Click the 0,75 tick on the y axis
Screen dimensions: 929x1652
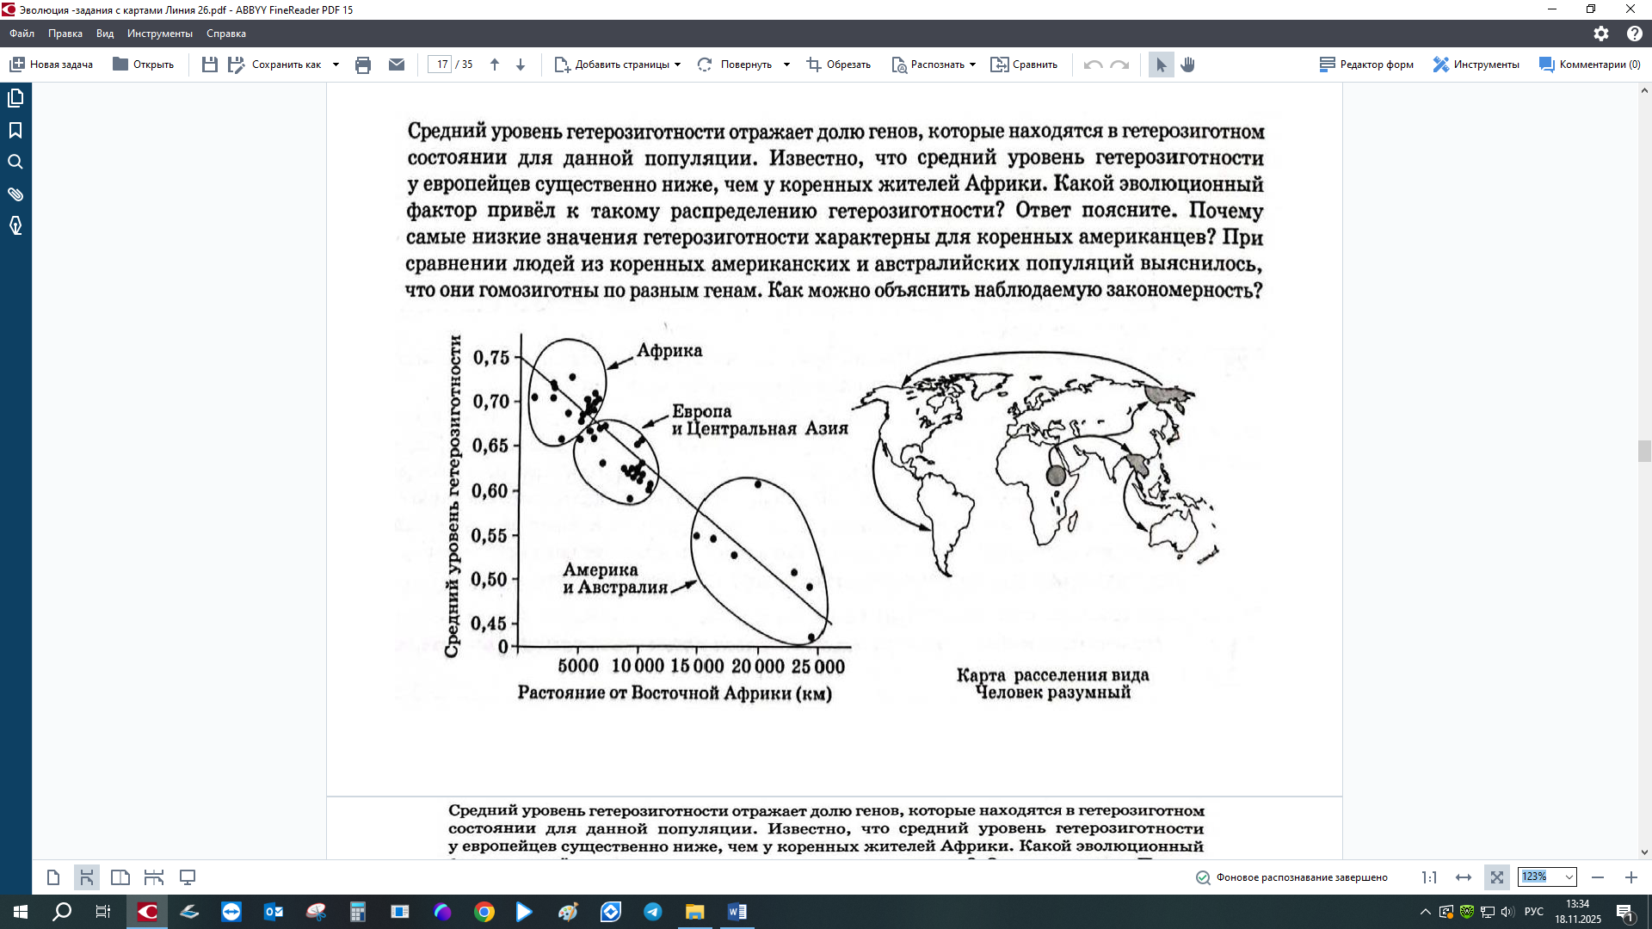click(491, 357)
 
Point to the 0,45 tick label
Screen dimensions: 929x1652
click(490, 624)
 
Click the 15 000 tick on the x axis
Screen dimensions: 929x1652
click(696, 666)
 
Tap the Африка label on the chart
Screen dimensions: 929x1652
click(669, 351)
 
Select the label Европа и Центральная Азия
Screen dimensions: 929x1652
click(759, 420)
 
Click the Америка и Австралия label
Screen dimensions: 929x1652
click(614, 579)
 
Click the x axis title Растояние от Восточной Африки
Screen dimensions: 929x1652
click(674, 693)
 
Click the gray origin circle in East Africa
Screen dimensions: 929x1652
click(1056, 475)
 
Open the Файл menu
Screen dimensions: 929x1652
click(22, 34)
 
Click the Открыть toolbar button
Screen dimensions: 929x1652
click(144, 65)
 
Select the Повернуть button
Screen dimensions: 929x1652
click(737, 65)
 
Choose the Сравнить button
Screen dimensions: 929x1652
click(1025, 65)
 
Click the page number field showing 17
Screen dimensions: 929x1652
click(441, 65)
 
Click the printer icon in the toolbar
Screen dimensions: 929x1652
click(363, 65)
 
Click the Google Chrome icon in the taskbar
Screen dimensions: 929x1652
click(484, 912)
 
